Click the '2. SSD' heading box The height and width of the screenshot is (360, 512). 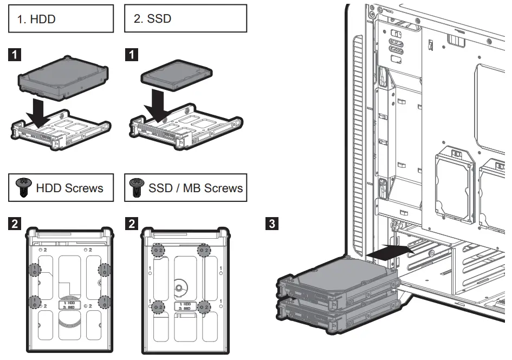point(185,19)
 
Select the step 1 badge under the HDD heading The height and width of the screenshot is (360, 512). point(17,55)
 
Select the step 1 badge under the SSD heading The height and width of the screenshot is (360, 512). point(131,55)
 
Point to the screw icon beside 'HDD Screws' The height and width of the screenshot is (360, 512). point(23,187)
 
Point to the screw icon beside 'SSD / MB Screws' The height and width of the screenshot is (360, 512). point(137,187)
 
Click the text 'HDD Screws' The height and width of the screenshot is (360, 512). point(69,188)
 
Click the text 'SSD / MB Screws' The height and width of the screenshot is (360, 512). point(195,188)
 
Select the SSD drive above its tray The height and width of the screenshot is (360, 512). point(175,76)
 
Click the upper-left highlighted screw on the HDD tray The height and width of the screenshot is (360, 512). point(35,269)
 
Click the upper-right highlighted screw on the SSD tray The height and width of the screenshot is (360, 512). point(204,250)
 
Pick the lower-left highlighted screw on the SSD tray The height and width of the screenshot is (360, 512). point(158,307)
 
